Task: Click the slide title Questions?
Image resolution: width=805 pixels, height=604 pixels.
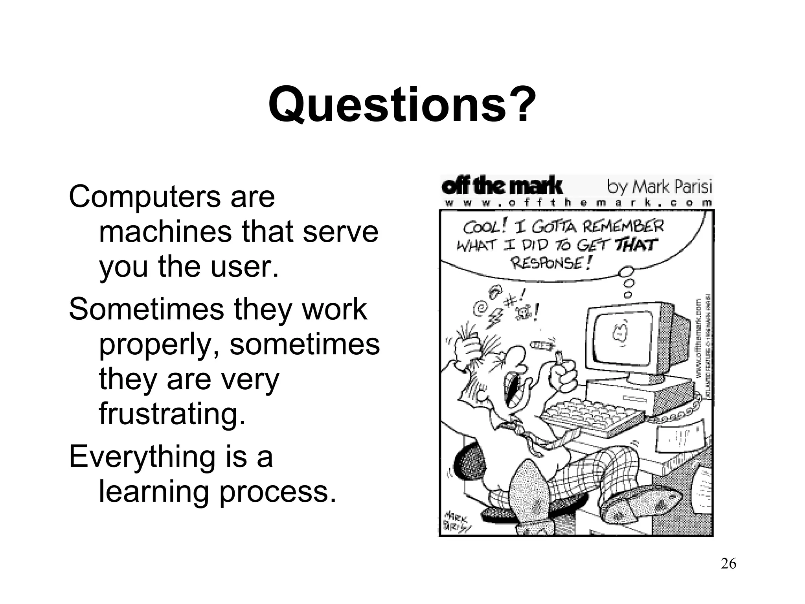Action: click(402, 105)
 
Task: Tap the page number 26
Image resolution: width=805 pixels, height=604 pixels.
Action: click(728, 563)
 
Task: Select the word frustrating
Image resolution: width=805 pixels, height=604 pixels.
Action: click(172, 414)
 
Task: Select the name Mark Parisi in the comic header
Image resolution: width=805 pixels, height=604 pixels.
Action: click(672, 187)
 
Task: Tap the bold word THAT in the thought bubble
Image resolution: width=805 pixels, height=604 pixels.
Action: click(636, 245)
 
